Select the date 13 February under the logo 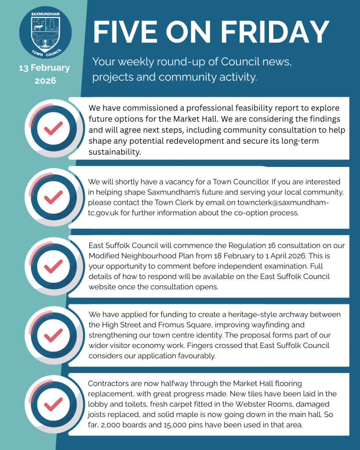point(44,68)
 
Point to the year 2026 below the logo point(44,81)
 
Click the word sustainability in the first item point(114,152)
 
